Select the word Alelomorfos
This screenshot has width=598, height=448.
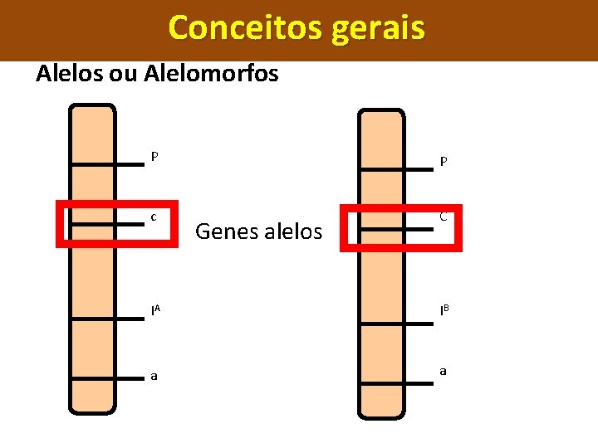pos(211,74)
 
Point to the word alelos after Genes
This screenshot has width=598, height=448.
pos(292,231)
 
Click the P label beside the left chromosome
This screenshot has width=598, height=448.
pos(154,156)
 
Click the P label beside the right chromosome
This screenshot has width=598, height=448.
pos(444,162)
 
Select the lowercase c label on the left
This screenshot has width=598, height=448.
pos(154,217)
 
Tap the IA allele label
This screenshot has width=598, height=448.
pos(155,310)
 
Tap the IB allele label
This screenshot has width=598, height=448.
pos(444,310)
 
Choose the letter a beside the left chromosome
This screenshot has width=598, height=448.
pos(154,377)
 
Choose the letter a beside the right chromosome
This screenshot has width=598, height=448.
pos(444,372)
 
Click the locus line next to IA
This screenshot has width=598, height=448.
pos(106,316)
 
